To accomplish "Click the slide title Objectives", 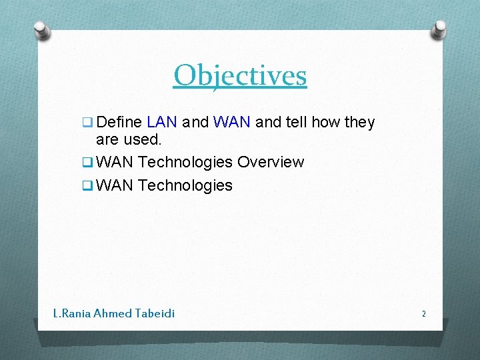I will pyautogui.click(x=240, y=75).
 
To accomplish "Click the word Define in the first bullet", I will pyautogui.click(x=119, y=123).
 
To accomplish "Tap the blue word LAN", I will pyautogui.click(x=162, y=123).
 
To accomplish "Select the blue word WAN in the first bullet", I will pyautogui.click(x=231, y=123).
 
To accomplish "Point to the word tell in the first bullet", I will pyautogui.click(x=294, y=123).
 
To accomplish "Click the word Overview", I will pyautogui.click(x=271, y=163).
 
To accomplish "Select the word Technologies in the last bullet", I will pyautogui.click(x=185, y=185).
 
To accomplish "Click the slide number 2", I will pyautogui.click(x=423, y=313).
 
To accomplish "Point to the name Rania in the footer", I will pyautogui.click(x=75, y=313).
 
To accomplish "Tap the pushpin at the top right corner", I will pyautogui.click(x=439, y=29).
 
